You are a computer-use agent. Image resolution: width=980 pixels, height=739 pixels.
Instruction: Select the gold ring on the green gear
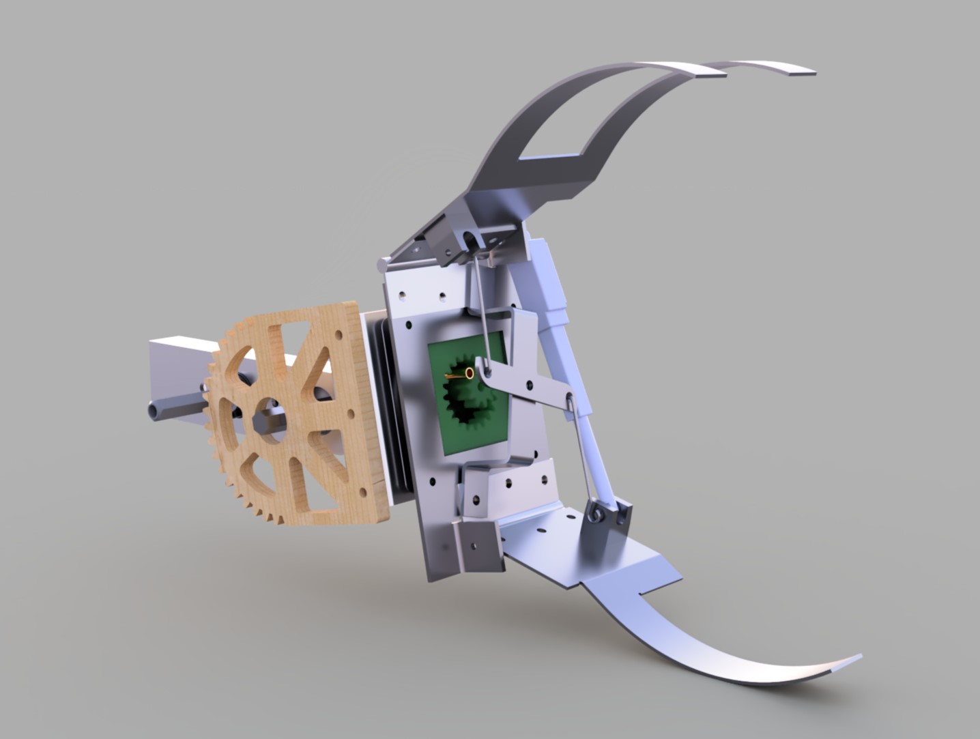[x=470, y=373]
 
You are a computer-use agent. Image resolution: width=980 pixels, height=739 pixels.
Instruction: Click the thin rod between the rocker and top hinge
[x=481, y=307]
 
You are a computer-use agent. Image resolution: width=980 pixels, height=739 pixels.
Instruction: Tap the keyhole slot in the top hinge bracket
[x=469, y=239]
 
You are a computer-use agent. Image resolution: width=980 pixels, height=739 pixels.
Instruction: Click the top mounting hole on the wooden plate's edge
[x=336, y=336]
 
